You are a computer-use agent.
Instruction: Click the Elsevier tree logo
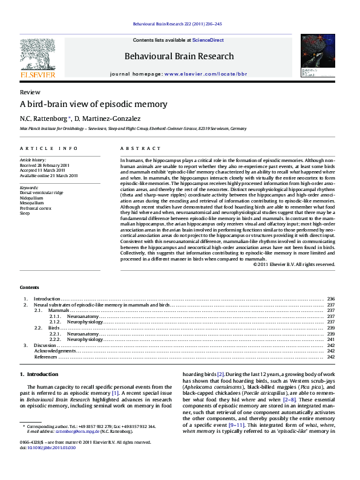point(38,56)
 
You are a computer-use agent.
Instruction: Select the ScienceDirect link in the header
point(208,40)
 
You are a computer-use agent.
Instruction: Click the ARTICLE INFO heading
point(49,148)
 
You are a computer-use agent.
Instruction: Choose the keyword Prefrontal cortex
point(36,208)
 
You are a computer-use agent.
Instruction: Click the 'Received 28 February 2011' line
point(45,165)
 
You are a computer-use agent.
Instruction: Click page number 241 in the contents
point(330,340)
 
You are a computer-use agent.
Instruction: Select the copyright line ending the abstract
point(293,264)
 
